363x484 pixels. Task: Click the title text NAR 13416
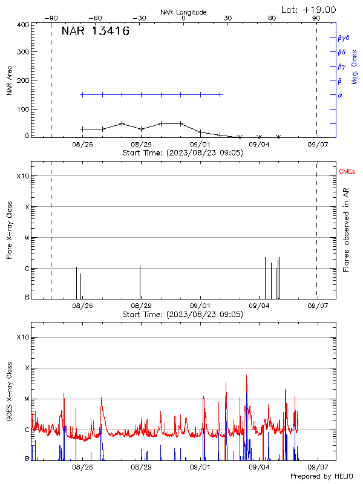(x=95, y=32)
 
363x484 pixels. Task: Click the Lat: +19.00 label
(x=309, y=9)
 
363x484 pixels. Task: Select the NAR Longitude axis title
(x=183, y=12)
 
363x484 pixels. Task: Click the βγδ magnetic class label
(x=343, y=38)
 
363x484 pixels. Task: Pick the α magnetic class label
(x=340, y=95)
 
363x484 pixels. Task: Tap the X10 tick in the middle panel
(x=22, y=176)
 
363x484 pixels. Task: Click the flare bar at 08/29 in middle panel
(x=140, y=281)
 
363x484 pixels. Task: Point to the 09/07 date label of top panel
(x=317, y=145)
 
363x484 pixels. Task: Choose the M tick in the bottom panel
(x=26, y=399)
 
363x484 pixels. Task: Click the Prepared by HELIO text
(x=321, y=477)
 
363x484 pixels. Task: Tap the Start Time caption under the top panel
(x=183, y=153)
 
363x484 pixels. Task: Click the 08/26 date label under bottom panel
(x=82, y=468)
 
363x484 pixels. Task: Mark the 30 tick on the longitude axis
(x=227, y=19)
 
